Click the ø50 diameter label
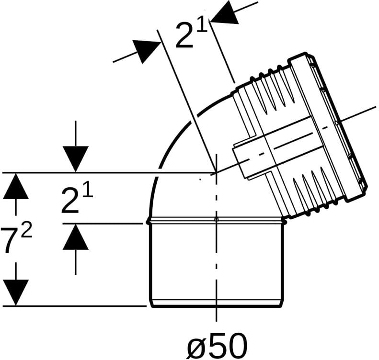218,346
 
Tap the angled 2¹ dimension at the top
192,34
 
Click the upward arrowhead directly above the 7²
16,186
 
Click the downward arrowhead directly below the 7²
16,292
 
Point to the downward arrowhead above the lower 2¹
75,159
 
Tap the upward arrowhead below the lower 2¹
75,237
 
